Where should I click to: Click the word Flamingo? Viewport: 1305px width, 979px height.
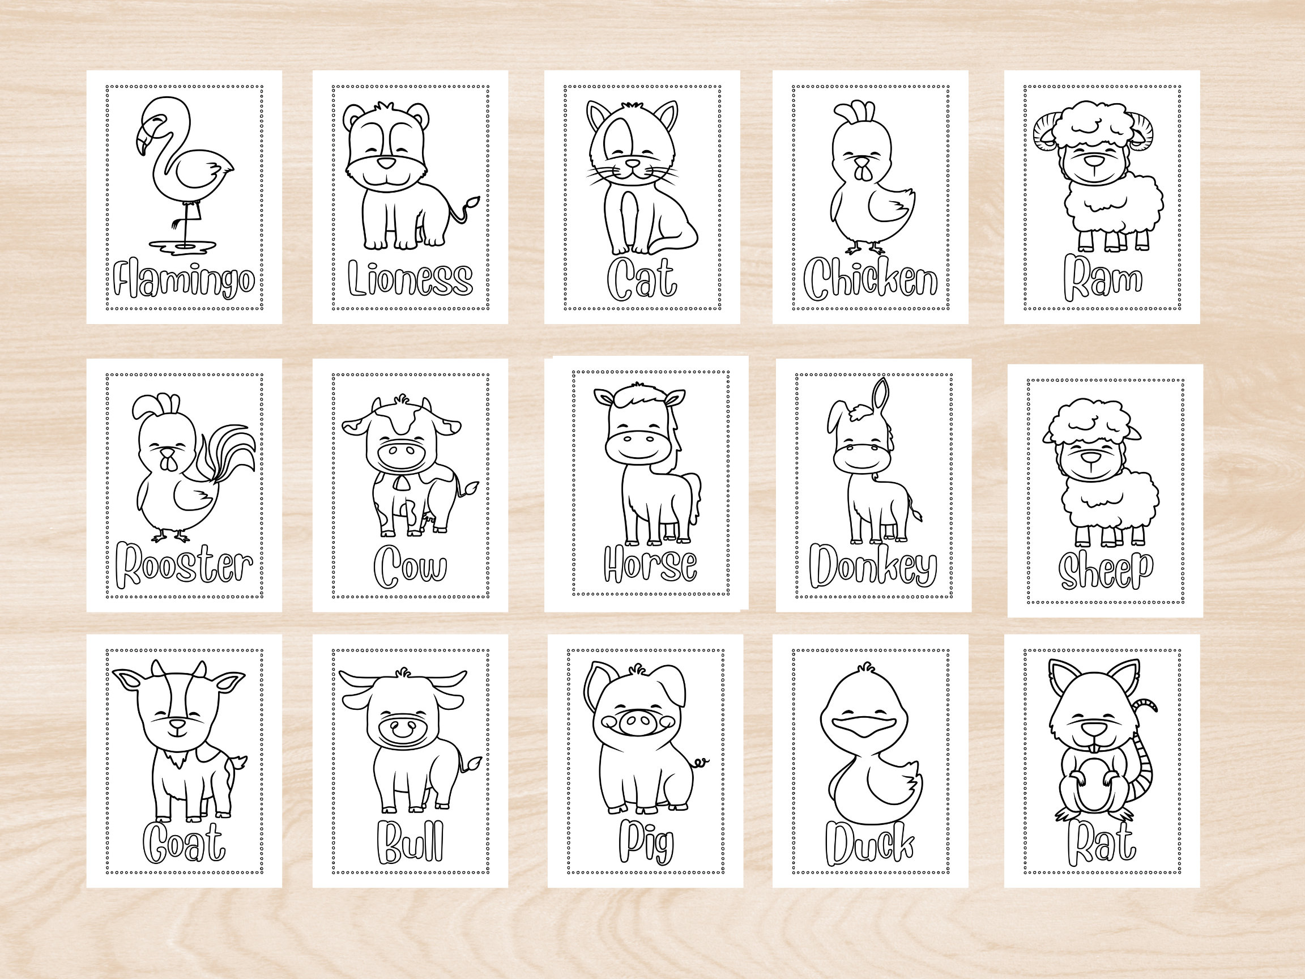click(184, 281)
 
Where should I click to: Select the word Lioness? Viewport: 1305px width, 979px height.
click(410, 279)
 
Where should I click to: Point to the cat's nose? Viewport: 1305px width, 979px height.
click(633, 164)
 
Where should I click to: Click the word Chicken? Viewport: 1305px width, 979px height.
click(870, 279)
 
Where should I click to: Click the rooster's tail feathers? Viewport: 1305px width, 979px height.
click(233, 454)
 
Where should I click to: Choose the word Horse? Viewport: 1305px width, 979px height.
click(650, 565)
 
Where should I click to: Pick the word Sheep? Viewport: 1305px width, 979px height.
click(1105, 571)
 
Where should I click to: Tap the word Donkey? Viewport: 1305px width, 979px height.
click(873, 567)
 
